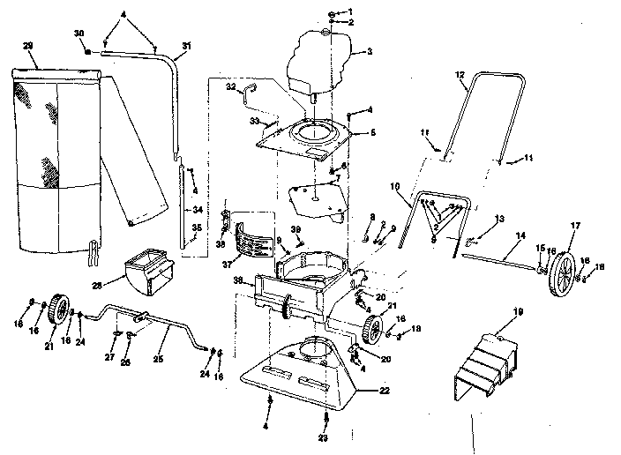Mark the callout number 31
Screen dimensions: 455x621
click(x=186, y=45)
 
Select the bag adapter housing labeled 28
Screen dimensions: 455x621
click(x=144, y=274)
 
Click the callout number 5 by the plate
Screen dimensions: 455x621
click(x=371, y=131)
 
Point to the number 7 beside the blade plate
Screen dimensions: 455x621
click(x=335, y=177)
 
